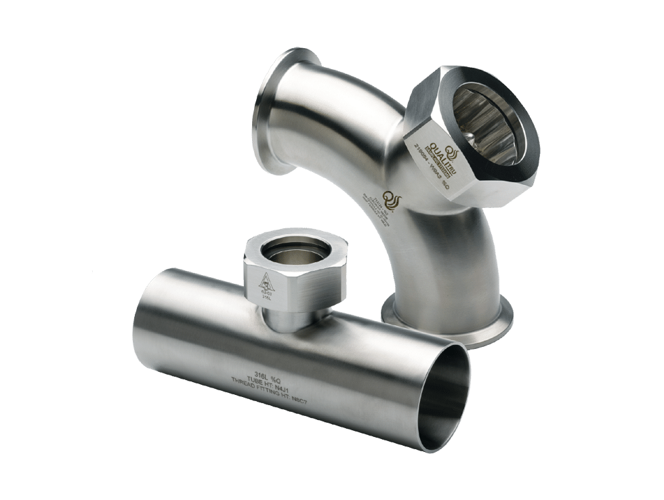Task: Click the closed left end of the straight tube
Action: point(146,318)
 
